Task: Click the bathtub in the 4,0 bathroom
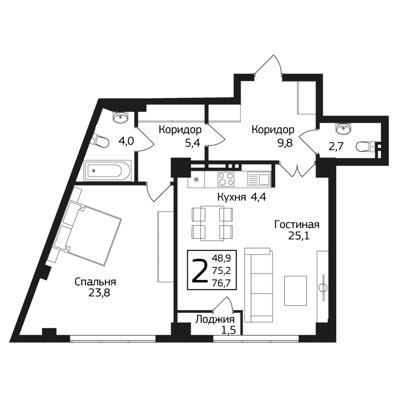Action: coord(107,171)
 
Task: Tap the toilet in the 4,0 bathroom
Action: coord(101,142)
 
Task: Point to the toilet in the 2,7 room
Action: coord(365,147)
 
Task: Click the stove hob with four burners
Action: coord(226,179)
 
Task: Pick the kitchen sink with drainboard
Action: coord(259,179)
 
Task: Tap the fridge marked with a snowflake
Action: coord(196,179)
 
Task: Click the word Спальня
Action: coord(96,282)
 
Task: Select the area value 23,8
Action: coord(99,293)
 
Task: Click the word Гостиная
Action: coord(297,224)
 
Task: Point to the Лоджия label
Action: coord(215,320)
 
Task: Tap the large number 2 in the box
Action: coord(200,270)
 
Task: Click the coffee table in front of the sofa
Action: coord(295,291)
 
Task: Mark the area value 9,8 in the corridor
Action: coord(285,143)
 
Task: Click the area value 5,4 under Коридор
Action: coord(192,143)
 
